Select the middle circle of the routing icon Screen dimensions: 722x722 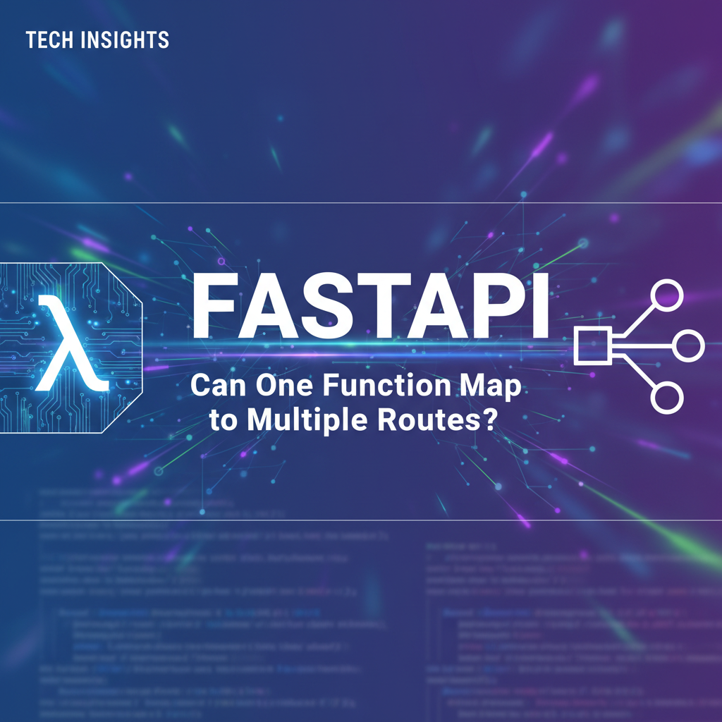(x=688, y=345)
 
